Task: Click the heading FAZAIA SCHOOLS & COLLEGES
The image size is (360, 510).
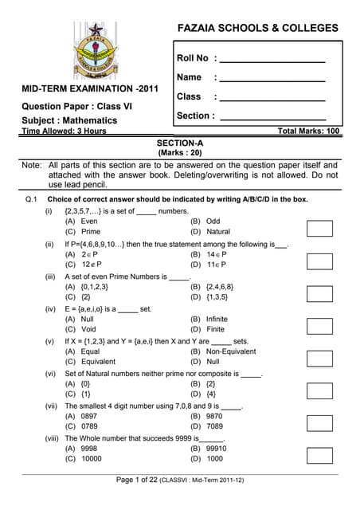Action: point(257,28)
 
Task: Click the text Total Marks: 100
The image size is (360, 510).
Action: point(308,131)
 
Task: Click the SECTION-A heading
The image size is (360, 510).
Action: point(180,143)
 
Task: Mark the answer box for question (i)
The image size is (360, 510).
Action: point(319,228)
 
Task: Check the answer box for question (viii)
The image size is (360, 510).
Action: point(319,455)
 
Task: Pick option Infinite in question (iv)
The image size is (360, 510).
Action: point(211,318)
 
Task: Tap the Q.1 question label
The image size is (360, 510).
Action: point(32,198)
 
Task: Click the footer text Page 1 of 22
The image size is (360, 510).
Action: point(137,479)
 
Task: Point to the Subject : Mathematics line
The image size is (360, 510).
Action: point(69,120)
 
